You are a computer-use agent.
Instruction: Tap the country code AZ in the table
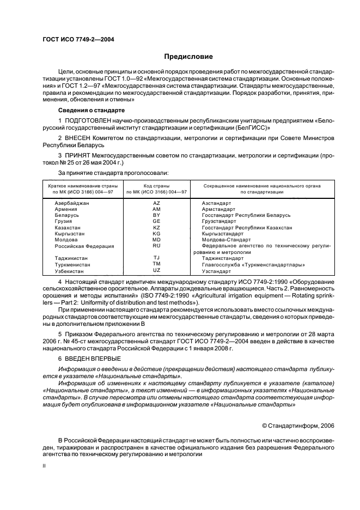(x=156, y=203)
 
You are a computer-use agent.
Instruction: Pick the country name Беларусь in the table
(x=67, y=215)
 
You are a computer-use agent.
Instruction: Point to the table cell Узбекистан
(x=69, y=270)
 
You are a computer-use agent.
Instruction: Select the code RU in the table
(x=156, y=246)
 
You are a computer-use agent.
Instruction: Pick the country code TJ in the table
(x=156, y=258)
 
